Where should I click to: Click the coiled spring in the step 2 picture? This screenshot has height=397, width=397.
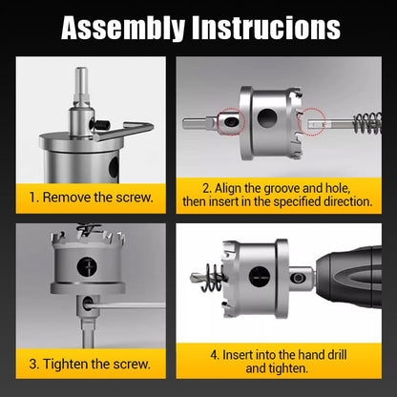click(366, 123)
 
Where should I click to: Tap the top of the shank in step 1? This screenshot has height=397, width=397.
click(79, 74)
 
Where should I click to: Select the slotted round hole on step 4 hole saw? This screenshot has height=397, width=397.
click(260, 278)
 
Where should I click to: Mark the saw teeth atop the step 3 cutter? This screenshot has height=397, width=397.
click(91, 232)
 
